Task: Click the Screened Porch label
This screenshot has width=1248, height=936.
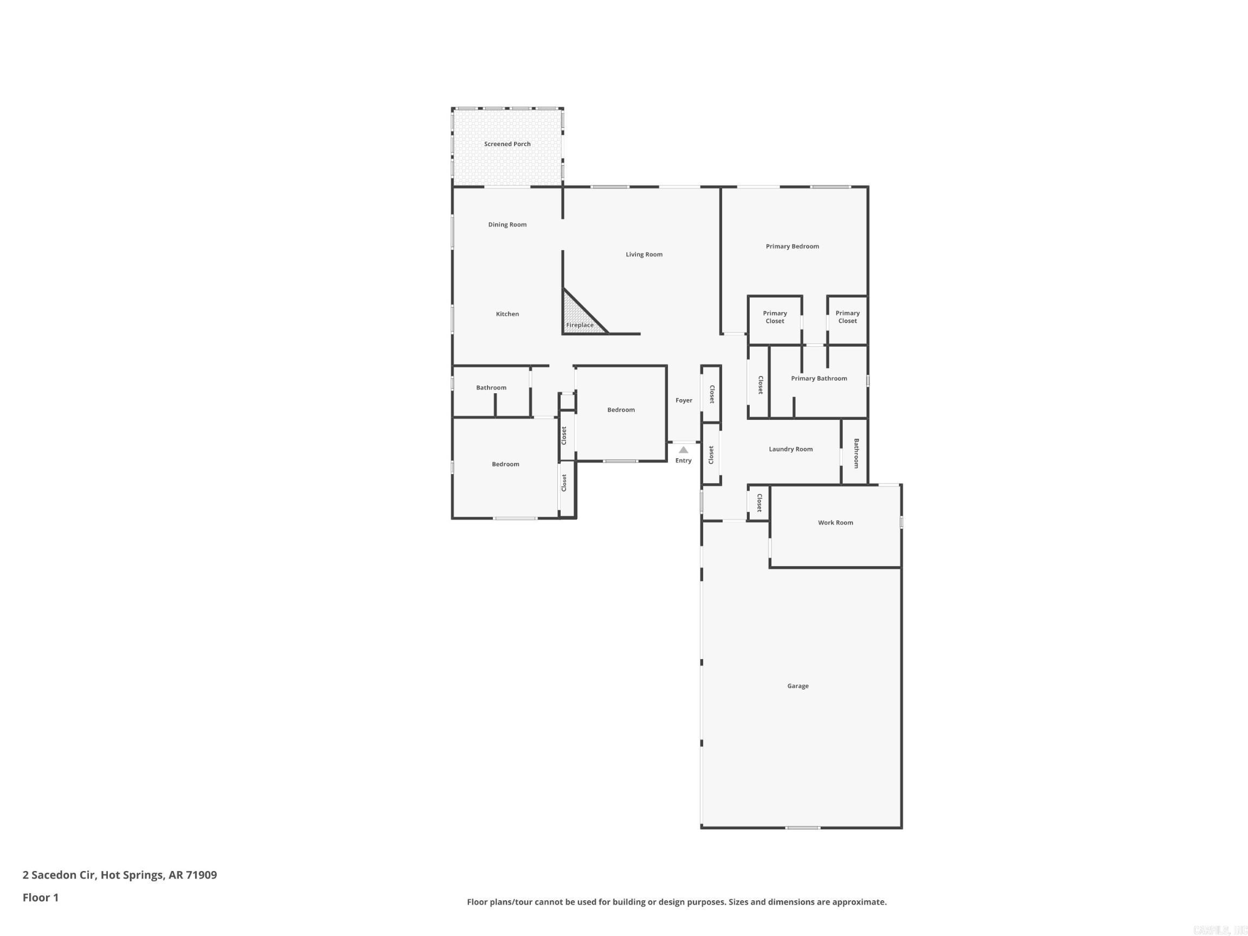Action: (x=507, y=144)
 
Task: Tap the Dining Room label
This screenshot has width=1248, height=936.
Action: (x=507, y=225)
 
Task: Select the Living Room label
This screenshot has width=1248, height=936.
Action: (x=643, y=255)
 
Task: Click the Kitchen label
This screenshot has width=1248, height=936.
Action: (x=507, y=314)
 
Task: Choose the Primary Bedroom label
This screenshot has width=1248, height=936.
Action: (x=792, y=246)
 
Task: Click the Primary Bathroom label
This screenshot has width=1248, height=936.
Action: (x=818, y=379)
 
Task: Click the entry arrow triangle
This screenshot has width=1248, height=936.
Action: (x=683, y=450)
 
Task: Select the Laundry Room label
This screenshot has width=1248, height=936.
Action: (x=790, y=450)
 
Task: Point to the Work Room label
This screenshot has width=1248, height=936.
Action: (x=836, y=523)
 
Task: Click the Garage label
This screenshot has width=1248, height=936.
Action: (x=798, y=686)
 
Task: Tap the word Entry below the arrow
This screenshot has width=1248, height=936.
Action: (x=683, y=461)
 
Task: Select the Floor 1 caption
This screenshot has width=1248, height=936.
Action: (x=41, y=898)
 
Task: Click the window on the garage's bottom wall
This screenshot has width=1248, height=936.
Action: (x=803, y=828)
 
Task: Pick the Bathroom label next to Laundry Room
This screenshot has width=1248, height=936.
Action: (x=856, y=453)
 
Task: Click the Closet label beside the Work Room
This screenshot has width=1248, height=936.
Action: (x=759, y=503)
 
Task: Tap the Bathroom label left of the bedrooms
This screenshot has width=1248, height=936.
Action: (x=491, y=388)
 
